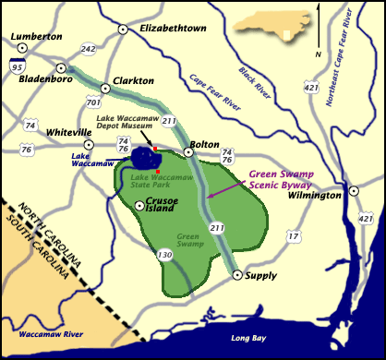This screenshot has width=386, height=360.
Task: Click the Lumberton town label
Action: (x=36, y=36)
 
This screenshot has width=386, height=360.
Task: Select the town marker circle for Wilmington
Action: (x=354, y=191)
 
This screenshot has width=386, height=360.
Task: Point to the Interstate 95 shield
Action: (x=18, y=66)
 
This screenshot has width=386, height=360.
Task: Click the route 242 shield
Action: (x=89, y=49)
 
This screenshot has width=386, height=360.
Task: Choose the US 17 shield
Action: (x=294, y=237)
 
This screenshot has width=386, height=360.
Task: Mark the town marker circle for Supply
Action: (x=237, y=275)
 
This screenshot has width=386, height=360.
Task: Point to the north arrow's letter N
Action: (x=318, y=54)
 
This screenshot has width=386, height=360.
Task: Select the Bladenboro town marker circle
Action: (x=61, y=67)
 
